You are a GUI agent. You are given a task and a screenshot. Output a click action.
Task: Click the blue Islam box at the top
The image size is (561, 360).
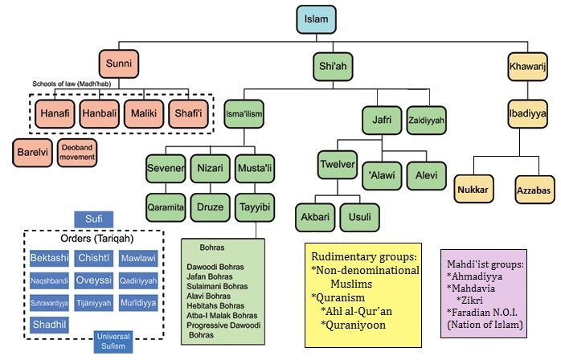click(x=317, y=19)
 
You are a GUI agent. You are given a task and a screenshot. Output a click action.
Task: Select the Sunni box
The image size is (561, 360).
click(x=119, y=63)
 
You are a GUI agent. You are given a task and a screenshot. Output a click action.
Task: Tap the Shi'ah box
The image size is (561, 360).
click(x=333, y=67)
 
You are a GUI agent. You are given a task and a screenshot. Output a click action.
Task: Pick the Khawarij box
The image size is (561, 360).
click(x=528, y=67)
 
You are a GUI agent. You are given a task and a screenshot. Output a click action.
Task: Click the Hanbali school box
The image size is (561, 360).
click(x=100, y=114)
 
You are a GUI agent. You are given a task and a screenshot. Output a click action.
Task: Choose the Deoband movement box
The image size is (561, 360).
click(x=77, y=153)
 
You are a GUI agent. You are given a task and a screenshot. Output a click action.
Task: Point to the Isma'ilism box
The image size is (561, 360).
click(x=244, y=114)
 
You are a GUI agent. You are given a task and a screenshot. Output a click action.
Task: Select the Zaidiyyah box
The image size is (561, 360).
click(x=427, y=121)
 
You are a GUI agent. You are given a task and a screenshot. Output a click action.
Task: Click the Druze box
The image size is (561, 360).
click(x=210, y=207)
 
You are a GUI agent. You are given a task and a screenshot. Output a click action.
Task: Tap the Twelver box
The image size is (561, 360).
click(x=338, y=165)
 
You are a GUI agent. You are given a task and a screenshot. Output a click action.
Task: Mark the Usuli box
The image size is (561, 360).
click(x=359, y=217)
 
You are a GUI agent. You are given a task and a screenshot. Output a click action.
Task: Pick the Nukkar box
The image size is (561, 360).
click(x=473, y=190)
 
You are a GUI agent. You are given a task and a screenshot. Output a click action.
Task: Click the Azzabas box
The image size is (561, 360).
click(x=534, y=190)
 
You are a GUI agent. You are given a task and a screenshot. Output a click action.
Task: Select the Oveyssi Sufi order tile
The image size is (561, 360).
click(x=94, y=280)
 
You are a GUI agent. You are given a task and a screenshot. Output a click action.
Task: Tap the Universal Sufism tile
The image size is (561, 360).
click(x=113, y=342)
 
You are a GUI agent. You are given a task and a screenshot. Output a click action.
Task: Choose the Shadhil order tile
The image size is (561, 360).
click(x=49, y=325)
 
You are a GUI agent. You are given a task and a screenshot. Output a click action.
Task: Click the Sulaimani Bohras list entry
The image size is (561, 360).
click(x=217, y=286)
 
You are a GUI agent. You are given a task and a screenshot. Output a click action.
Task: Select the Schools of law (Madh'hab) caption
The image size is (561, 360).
click(x=72, y=84)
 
